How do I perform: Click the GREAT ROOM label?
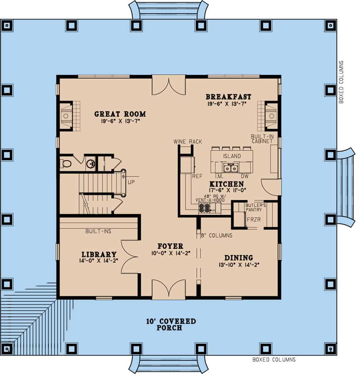(120, 114)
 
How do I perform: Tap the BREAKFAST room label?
(228, 97)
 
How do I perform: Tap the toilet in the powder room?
(66, 164)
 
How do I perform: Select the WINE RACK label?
(188, 142)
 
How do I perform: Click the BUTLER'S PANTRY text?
(256, 207)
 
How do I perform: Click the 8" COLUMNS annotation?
(217, 236)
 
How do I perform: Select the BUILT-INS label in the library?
(98, 231)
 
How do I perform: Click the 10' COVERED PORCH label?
(171, 324)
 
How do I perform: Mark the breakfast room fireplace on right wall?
(271, 116)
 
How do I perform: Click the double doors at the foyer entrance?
(169, 290)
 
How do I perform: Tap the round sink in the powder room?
(90, 164)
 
